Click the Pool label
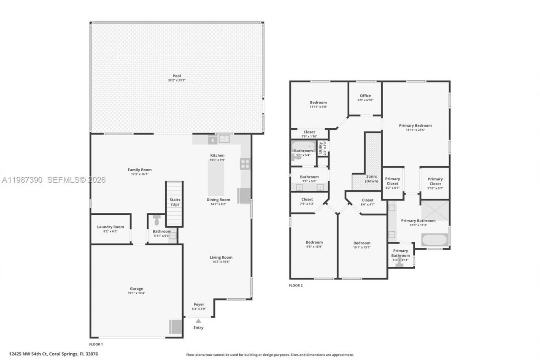pyautogui.click(x=176, y=76)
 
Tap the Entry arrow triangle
pyautogui.click(x=198, y=321)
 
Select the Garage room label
pyautogui.click(x=136, y=289)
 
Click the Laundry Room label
pyautogui.click(x=111, y=227)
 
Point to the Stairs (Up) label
pyautogui.click(x=175, y=202)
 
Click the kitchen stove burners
pyautogui.click(x=245, y=164)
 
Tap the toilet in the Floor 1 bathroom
pyautogui.click(x=157, y=220)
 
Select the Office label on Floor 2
pyautogui.click(x=365, y=96)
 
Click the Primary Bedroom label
pyautogui.click(x=416, y=125)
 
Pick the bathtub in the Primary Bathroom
pyautogui.click(x=434, y=240)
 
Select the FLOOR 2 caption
pyautogui.click(x=296, y=285)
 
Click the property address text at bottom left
pyautogui.click(x=54, y=354)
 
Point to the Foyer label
pyautogui.click(x=199, y=304)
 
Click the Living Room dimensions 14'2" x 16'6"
pyautogui.click(x=221, y=262)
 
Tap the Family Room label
pyautogui.click(x=140, y=170)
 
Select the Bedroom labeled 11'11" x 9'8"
pyautogui.click(x=318, y=103)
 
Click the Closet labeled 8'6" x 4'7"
pyautogui.click(x=367, y=200)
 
